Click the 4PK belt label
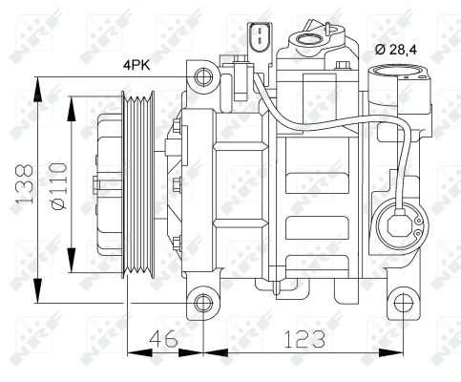pyautogui.click(x=136, y=65)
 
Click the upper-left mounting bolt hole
pyautogui.click(x=201, y=75)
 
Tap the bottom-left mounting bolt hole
pyautogui.click(x=201, y=305)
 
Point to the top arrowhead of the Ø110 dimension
pyautogui.click(x=73, y=98)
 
